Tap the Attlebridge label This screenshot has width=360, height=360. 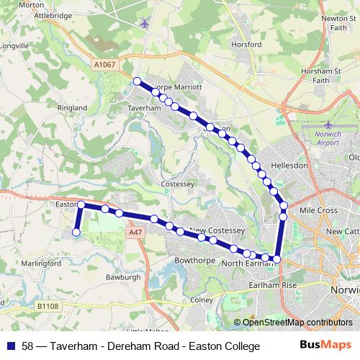pyautogui.click(x=45, y=14)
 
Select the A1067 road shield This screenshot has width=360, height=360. pyautogui.click(x=104, y=65)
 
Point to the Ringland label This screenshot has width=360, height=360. pyautogui.click(x=72, y=109)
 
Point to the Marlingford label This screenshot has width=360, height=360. pyautogui.click(x=41, y=264)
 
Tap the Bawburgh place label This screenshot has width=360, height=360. pyautogui.click(x=123, y=276)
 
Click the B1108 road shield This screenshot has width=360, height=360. pyautogui.click(x=48, y=306)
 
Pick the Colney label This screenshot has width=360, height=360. pyautogui.click(x=202, y=300)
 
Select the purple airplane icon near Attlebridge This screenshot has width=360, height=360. pyautogui.click(x=146, y=23)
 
